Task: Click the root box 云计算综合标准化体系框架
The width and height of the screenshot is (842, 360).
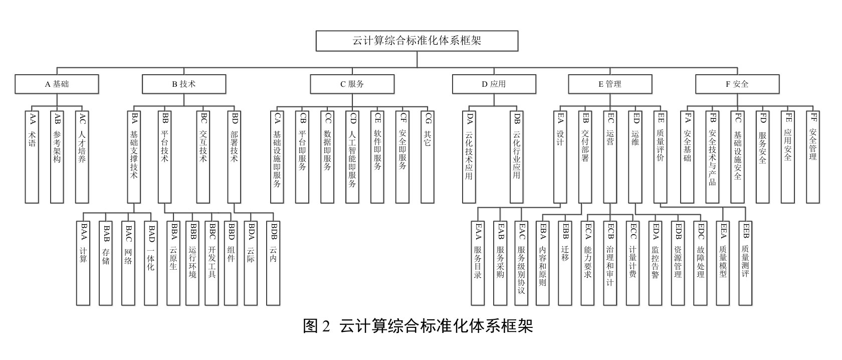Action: pos(417,41)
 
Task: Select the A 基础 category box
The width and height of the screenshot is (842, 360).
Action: pos(57,84)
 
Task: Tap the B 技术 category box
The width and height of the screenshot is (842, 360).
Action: pos(184,84)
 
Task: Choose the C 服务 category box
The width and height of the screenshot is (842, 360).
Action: pos(352,84)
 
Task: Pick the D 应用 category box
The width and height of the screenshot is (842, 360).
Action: pos(494,84)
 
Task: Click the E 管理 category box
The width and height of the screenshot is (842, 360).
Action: pos(610,84)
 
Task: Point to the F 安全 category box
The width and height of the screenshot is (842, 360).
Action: pos(737,84)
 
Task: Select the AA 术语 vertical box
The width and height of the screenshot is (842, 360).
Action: pos(32,157)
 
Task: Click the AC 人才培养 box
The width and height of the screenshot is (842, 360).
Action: pos(82,157)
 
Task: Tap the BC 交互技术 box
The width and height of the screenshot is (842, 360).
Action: pos(203,157)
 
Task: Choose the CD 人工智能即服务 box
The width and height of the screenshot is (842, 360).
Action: pos(352,157)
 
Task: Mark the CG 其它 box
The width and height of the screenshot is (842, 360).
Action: pos(428,157)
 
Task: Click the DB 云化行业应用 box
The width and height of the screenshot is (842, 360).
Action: pos(516,157)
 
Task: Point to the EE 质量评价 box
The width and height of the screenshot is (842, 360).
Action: pos(661,157)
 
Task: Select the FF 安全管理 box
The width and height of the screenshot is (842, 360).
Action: pos(813,157)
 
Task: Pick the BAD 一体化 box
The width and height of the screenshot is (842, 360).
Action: pos(151,263)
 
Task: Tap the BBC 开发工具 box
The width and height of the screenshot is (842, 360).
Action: pos(212,263)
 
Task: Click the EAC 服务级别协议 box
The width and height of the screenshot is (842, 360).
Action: pos(521,263)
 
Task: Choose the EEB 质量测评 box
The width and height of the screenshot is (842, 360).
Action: pos(745,263)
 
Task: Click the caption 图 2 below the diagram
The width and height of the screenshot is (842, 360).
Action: pos(317,326)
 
